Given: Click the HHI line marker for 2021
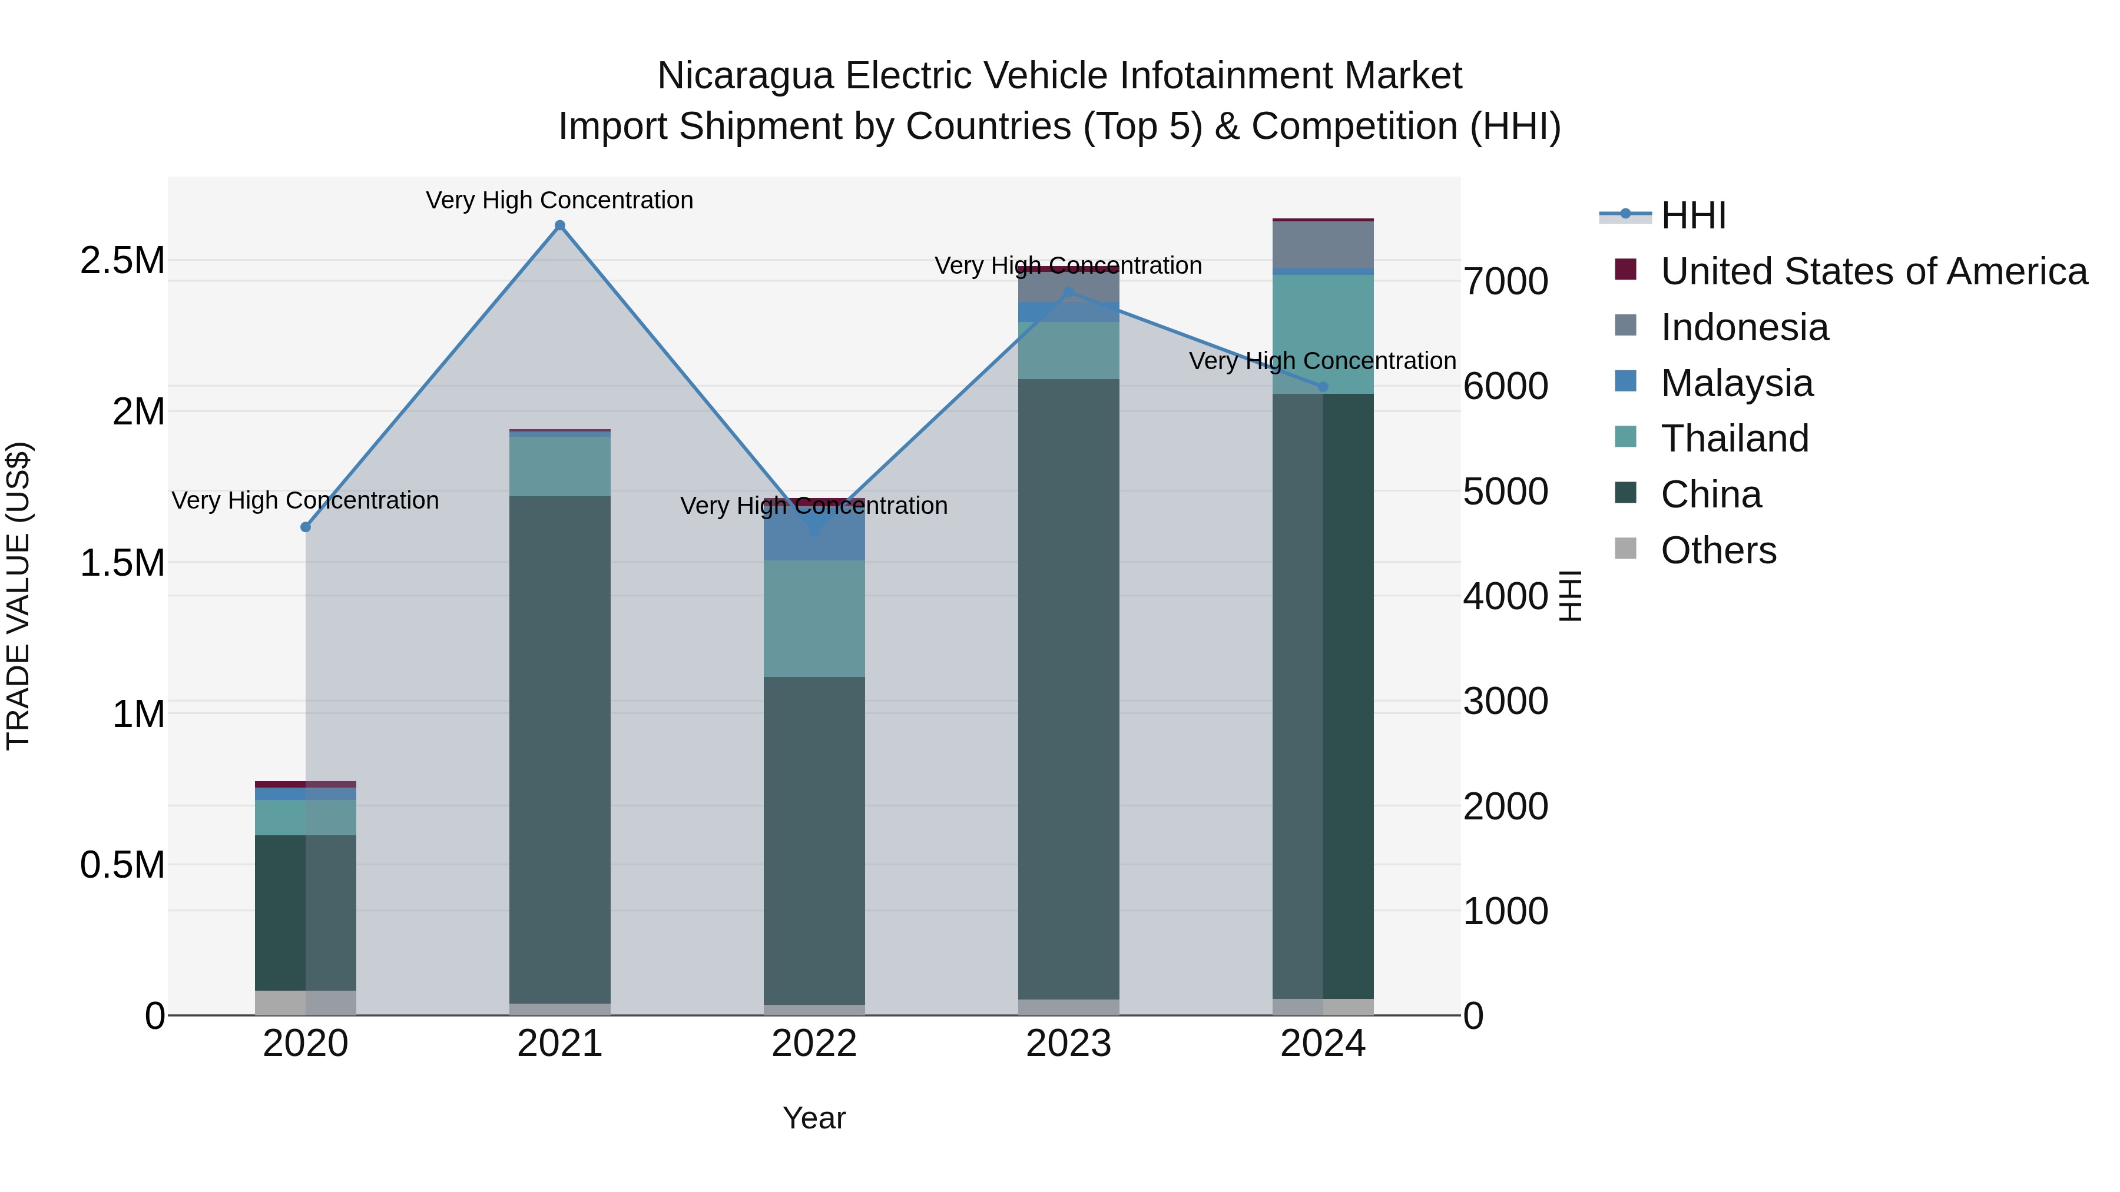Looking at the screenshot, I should pos(559,225).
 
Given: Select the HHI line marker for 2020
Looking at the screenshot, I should pos(305,527).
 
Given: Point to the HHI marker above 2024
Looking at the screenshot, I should pos(1323,387).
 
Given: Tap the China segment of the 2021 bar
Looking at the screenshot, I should pos(559,749).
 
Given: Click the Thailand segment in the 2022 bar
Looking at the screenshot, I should pos(814,619).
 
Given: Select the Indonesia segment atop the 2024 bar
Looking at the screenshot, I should pos(1323,245).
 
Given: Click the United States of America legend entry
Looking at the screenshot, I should pos(1873,271).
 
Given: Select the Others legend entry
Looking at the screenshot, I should pos(1718,550).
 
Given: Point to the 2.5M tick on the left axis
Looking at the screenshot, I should pos(122,261).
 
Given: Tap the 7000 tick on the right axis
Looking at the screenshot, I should pos(1505,281).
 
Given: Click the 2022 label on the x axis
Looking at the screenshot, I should pos(814,1044).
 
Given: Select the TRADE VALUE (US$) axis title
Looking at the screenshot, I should pos(18,596).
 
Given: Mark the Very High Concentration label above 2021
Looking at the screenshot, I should pos(559,201).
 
